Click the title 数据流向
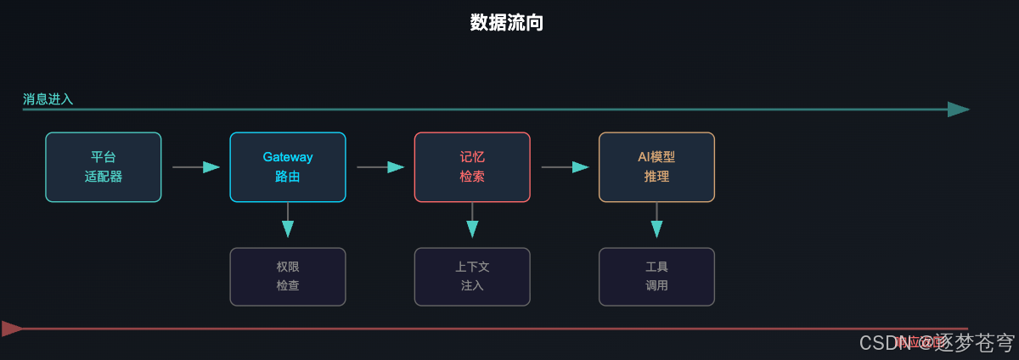(507, 23)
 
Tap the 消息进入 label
(48, 99)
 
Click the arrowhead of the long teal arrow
(958, 110)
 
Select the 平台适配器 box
(103, 167)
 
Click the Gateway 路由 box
(287, 167)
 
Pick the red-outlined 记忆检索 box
(472, 167)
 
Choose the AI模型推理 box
(656, 167)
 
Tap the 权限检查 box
(287, 277)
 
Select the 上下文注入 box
(472, 277)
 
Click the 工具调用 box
(656, 277)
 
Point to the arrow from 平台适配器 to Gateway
(195, 167)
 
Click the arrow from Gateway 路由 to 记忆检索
(380, 167)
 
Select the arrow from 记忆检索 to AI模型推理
(565, 167)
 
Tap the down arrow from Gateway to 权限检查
(287, 222)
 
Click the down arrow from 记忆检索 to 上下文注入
(472, 222)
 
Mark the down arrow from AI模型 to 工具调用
(656, 222)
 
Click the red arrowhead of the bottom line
(12, 329)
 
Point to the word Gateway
(287, 157)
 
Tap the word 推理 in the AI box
(656, 177)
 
